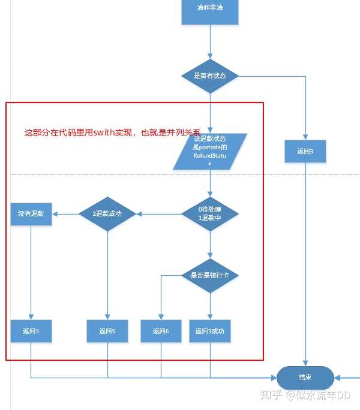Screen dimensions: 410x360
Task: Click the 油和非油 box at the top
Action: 210,11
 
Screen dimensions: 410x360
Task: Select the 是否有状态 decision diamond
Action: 210,76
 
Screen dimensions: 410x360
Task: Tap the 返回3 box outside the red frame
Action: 305,152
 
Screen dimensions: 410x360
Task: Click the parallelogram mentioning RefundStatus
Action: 210,150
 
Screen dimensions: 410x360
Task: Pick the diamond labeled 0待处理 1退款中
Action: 210,213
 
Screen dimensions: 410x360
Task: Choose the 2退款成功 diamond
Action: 107,213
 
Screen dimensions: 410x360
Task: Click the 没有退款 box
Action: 31,213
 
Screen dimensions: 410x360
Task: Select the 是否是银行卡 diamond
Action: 210,275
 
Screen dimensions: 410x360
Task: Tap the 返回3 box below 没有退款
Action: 31,331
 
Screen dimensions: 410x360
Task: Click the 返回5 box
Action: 107,331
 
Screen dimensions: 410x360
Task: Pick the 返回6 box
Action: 161,331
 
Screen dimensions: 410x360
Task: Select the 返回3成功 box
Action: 210,331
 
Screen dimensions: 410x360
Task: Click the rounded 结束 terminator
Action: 305,378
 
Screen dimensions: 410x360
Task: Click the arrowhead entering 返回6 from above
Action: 161,316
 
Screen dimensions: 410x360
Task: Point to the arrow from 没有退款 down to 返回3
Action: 31,270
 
